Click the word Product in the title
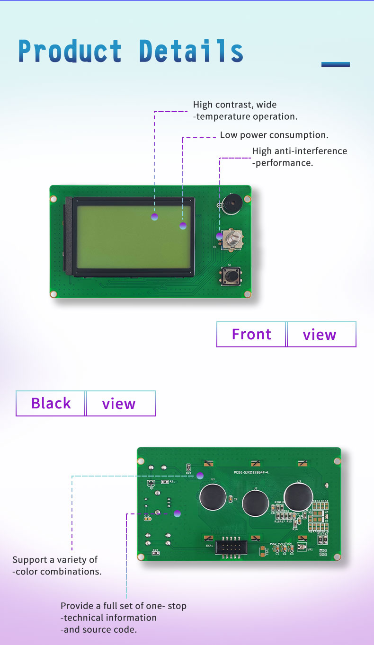(70, 52)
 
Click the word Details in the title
(191, 52)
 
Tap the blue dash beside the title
(335, 64)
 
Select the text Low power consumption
(274, 135)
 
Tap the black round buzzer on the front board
(232, 204)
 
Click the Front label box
(251, 334)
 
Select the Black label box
(51, 403)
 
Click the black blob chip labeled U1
(213, 496)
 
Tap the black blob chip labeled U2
(255, 503)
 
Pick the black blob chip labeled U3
(298, 496)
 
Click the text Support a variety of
(55, 560)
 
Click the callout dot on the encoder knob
(219, 236)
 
